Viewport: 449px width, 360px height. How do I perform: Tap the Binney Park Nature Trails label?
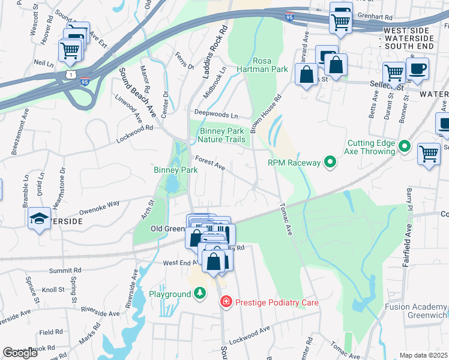(x=222, y=135)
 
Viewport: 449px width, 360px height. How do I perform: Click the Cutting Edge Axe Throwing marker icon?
(x=405, y=146)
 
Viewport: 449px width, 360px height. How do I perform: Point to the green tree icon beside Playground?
(x=200, y=293)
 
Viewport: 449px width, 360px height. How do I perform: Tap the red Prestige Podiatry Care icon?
(x=226, y=302)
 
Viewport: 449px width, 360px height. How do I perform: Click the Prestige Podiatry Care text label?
(x=276, y=303)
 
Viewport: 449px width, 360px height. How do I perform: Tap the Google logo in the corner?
(x=20, y=353)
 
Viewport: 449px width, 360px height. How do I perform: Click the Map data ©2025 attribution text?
(x=423, y=356)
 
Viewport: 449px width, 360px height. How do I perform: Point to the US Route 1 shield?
(x=71, y=73)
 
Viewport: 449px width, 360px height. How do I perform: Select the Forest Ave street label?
(x=210, y=163)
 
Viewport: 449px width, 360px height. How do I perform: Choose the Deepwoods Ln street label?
(x=215, y=114)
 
